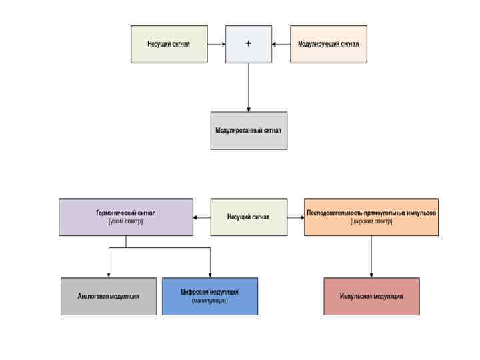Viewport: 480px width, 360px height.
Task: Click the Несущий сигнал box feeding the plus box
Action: click(169, 44)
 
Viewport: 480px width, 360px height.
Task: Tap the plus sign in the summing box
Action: click(249, 44)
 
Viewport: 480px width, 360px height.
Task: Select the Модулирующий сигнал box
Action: click(328, 44)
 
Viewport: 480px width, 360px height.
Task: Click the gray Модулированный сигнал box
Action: click(249, 130)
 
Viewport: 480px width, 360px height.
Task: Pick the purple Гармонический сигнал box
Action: click(126, 217)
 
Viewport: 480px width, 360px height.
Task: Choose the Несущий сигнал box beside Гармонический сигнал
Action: click(249, 217)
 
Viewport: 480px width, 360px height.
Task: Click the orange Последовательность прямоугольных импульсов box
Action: click(371, 217)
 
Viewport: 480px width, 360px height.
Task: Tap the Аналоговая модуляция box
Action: click(109, 296)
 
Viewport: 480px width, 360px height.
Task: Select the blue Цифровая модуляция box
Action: click(209, 296)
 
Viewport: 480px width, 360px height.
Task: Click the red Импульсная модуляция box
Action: click(371, 296)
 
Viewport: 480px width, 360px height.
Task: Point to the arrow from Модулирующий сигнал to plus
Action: click(281, 44)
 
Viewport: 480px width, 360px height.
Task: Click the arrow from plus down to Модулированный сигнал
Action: click(249, 87)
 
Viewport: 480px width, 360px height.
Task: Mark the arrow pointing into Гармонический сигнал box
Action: click(201, 217)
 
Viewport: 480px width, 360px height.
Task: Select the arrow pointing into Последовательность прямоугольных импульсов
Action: click(295, 217)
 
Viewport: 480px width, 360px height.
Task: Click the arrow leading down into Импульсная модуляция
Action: click(371, 257)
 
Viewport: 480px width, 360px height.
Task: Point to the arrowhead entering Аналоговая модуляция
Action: click(109, 274)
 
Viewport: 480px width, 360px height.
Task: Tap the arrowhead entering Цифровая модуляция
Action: click(210, 274)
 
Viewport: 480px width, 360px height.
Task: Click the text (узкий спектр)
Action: click(126, 221)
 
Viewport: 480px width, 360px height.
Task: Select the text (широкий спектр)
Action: click(371, 221)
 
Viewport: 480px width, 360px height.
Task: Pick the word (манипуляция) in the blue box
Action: click(209, 301)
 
